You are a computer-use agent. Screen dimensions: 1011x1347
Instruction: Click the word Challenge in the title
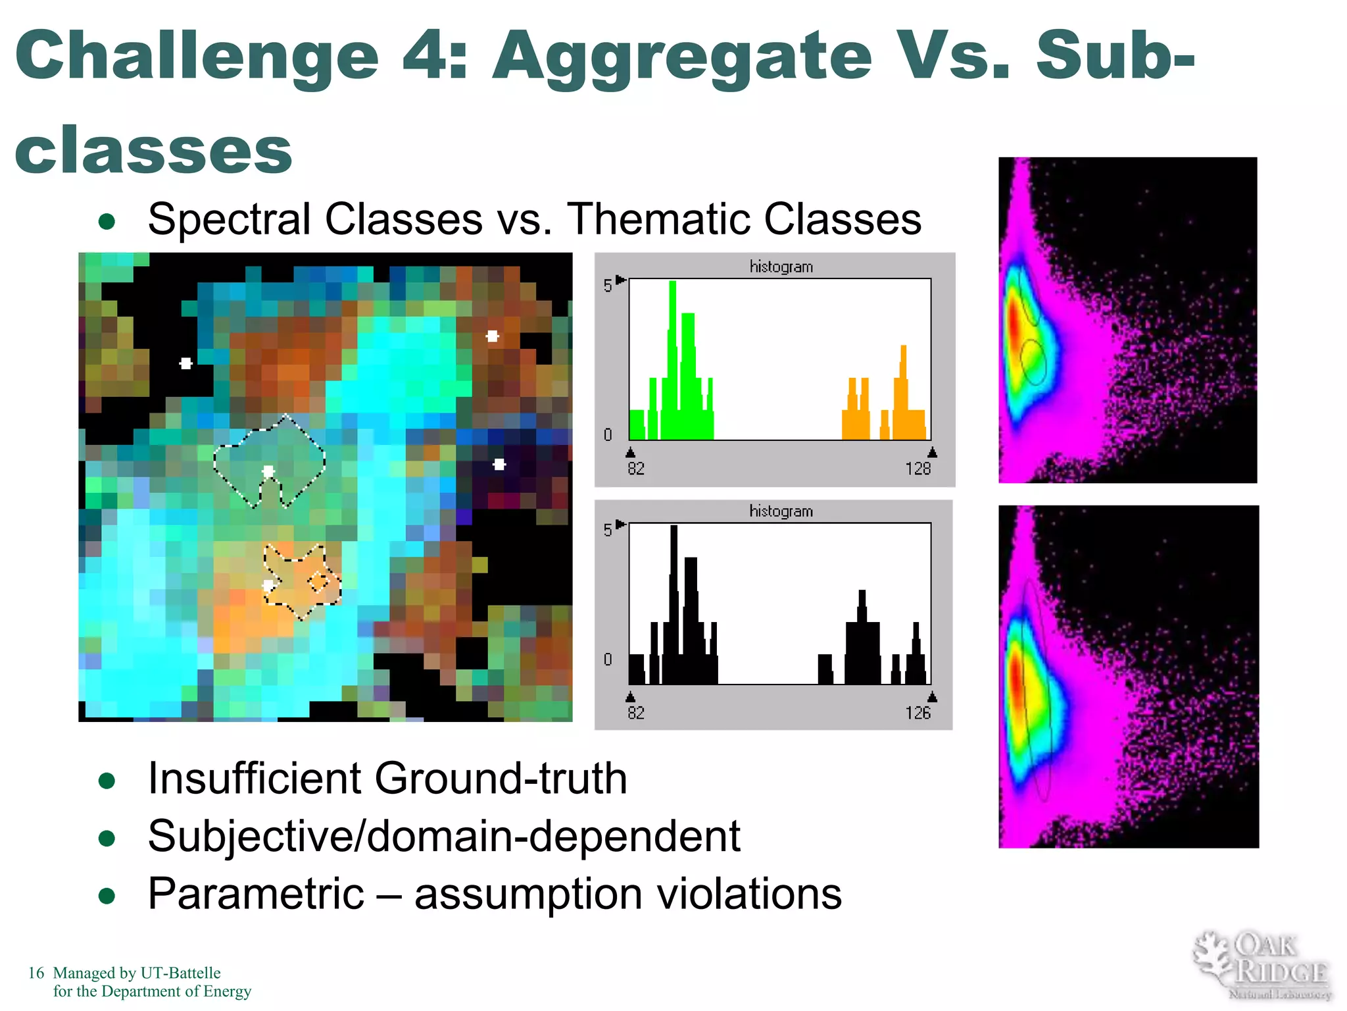click(197, 58)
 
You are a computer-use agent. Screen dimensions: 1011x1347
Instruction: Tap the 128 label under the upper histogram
click(918, 469)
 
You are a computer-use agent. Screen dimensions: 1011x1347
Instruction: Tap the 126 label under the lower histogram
click(918, 713)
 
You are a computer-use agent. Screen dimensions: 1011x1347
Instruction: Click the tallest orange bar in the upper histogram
click(903, 392)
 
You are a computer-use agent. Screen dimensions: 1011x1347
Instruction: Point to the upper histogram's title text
click(781, 267)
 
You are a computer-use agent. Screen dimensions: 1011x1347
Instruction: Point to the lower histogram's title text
click(781, 511)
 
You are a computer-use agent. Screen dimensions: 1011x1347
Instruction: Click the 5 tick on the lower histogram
click(607, 530)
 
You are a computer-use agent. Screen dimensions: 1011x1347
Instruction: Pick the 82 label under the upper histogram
click(636, 469)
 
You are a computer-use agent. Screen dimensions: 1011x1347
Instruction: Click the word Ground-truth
click(501, 779)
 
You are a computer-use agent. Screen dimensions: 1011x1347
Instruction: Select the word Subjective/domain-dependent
click(444, 837)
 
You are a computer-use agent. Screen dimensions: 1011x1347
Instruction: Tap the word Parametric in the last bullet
click(256, 894)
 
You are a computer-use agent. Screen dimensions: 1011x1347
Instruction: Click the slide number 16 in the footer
click(36, 973)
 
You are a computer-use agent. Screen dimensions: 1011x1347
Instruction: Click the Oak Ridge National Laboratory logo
click(1262, 966)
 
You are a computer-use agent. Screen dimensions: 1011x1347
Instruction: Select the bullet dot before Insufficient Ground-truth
click(107, 781)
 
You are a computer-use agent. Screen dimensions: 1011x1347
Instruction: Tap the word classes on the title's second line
click(153, 151)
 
